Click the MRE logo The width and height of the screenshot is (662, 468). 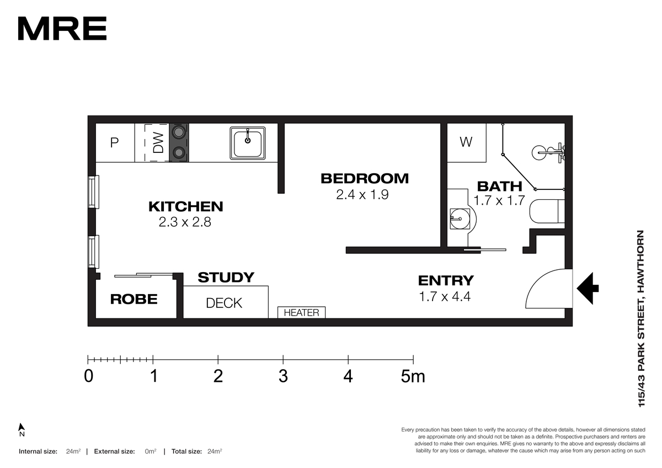tap(62, 28)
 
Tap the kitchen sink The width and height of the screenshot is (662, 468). tap(248, 143)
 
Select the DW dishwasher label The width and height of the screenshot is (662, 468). tap(158, 143)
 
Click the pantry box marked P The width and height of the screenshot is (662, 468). tap(115, 143)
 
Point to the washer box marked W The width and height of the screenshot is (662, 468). tap(466, 142)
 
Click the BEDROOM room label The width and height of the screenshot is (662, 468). tap(365, 179)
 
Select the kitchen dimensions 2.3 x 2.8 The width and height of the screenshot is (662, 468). tap(185, 222)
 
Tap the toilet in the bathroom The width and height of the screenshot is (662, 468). tap(547, 211)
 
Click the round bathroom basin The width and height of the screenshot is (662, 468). tap(460, 219)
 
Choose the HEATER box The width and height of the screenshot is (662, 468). tap(301, 312)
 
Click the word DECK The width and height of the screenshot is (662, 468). tap(224, 304)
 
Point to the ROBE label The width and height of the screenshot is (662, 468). tap(134, 299)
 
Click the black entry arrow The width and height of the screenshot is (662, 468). tap(588, 289)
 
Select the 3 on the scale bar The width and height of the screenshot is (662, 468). tap(283, 376)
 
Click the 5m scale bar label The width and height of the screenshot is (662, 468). tap(413, 376)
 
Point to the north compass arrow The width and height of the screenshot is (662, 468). tap(22, 428)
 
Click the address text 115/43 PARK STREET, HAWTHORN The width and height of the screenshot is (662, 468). tap(641, 318)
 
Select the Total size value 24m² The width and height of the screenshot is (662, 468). tap(215, 451)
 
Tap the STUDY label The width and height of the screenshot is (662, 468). tap(226, 278)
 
